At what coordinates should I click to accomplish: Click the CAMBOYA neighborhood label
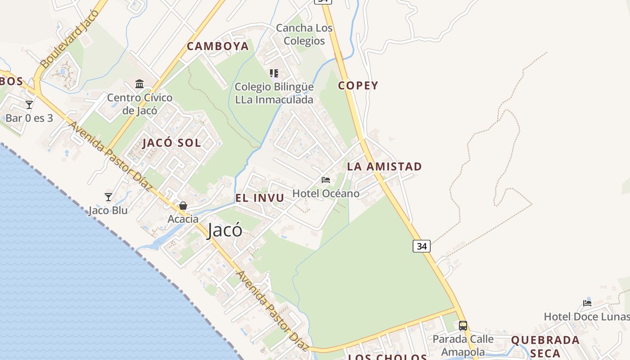click(x=218, y=46)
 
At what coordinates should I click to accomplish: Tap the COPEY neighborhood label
click(x=358, y=85)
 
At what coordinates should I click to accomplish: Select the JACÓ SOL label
click(x=172, y=143)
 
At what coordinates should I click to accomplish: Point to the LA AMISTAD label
click(x=384, y=166)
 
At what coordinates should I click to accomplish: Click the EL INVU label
click(x=260, y=198)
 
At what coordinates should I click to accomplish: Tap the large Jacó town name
click(x=225, y=230)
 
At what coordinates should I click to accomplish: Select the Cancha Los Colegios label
click(x=304, y=34)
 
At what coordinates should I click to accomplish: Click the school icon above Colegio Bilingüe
click(x=274, y=73)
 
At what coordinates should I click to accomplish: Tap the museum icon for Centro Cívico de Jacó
click(x=139, y=84)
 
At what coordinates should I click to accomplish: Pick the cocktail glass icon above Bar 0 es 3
click(x=29, y=105)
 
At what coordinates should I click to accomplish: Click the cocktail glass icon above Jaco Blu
click(x=108, y=197)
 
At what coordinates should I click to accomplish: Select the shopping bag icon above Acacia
click(x=183, y=206)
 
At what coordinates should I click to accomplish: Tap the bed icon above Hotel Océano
click(x=326, y=180)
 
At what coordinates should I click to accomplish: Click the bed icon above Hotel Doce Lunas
click(x=587, y=303)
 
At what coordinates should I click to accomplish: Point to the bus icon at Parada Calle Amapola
click(x=463, y=326)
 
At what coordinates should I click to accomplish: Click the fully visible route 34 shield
click(x=421, y=246)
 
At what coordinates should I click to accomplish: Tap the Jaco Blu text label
click(x=108, y=211)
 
